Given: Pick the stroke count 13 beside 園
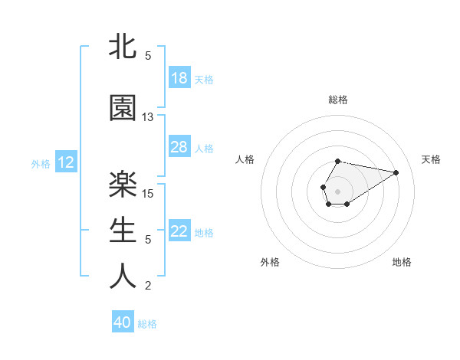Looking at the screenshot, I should (x=148, y=117).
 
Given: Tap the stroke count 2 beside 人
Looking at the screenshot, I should (x=148, y=286).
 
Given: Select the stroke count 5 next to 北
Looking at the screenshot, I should (x=148, y=56).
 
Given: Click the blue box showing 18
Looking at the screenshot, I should (x=179, y=78).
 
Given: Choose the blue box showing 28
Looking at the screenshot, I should (x=179, y=147).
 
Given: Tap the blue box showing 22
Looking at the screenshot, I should (x=179, y=231).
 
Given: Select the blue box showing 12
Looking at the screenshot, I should (x=66, y=162).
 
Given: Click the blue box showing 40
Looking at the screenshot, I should (x=123, y=323).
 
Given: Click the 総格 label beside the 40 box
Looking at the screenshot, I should (x=147, y=324).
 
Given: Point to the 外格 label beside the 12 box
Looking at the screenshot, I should (x=41, y=163).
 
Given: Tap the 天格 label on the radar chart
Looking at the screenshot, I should (x=431, y=159).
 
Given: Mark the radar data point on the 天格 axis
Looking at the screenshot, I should (x=396, y=172).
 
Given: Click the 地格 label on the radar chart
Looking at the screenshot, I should (x=402, y=262).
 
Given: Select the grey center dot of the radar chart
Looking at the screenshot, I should (x=337, y=190).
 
